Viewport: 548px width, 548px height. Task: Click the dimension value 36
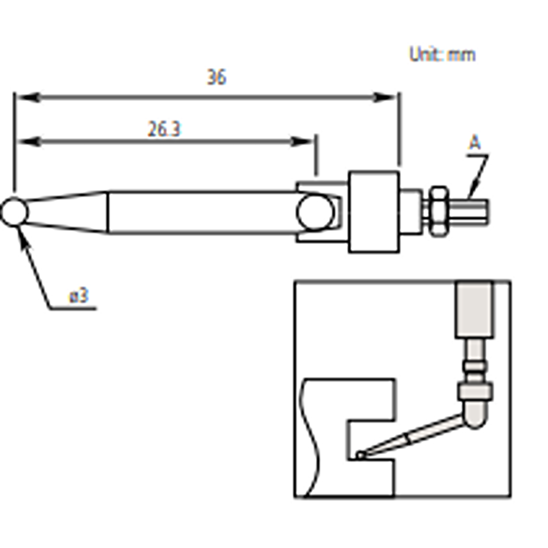click(x=216, y=77)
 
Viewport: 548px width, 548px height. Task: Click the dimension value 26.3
click(x=164, y=129)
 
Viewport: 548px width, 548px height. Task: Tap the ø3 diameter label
click(x=79, y=296)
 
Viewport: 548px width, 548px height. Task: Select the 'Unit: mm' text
click(x=442, y=55)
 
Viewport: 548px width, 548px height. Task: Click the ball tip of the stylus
click(x=14, y=212)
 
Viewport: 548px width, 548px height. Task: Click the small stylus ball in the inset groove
click(x=360, y=456)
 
